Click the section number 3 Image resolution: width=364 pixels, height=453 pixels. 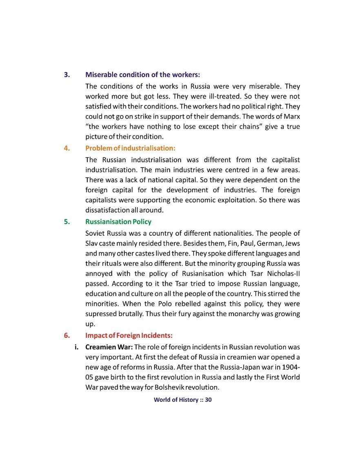click(67, 75)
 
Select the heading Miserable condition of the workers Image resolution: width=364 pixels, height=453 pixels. click(142, 75)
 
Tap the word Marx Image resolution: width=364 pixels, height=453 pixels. click(291, 117)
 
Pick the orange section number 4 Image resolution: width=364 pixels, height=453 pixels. click(67, 148)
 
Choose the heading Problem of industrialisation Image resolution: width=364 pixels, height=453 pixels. click(130, 148)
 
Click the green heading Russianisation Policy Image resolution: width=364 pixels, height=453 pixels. click(118, 222)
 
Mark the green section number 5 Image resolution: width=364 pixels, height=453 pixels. click(67, 222)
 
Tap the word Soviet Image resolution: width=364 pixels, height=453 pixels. click(95, 234)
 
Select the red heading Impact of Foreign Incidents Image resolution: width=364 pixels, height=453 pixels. click(129, 336)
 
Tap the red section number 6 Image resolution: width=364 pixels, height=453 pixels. click(67, 336)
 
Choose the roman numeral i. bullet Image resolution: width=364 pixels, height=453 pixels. click(76, 347)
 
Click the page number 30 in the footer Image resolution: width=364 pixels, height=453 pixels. click(208, 400)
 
